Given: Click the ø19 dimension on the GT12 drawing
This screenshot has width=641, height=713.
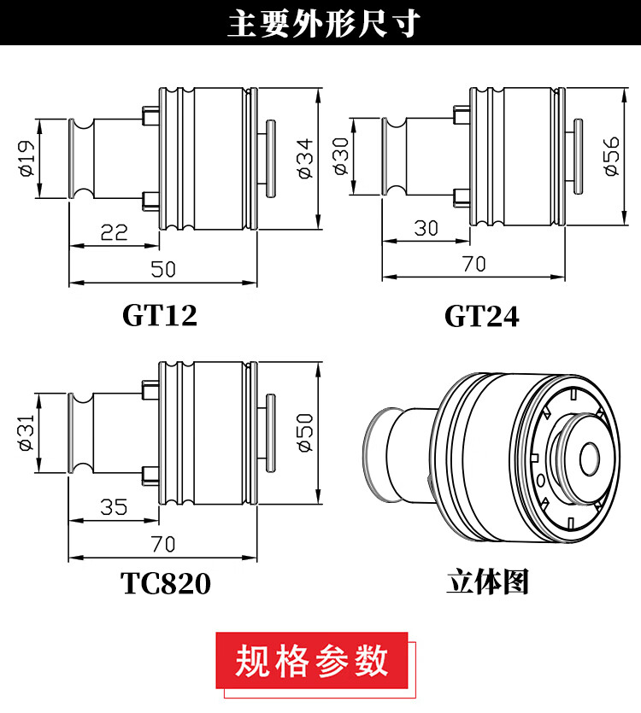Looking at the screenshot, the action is click(27, 158).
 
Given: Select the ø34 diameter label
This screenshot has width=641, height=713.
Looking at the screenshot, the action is click(305, 158).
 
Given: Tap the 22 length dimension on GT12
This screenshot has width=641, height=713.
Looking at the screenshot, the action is click(114, 232).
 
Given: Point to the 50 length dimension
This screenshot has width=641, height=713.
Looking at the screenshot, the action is click(163, 269).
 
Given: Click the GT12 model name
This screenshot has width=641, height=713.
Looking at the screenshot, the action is click(160, 315).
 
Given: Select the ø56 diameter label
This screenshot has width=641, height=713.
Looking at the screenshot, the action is click(611, 156).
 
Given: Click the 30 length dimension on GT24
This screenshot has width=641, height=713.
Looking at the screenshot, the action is click(426, 228).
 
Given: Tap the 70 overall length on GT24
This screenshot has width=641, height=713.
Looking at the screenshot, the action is click(474, 264).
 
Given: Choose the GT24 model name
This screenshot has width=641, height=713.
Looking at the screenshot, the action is click(482, 316).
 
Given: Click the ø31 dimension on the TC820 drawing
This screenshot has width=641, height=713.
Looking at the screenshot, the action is click(26, 432).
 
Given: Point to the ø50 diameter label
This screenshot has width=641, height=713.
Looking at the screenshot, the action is click(305, 432).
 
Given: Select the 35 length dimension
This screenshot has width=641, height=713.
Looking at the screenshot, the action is click(114, 507).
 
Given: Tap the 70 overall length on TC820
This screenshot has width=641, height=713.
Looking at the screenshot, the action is click(163, 544).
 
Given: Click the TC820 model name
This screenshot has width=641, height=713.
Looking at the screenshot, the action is click(166, 583).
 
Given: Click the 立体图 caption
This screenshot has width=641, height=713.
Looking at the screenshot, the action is click(487, 582).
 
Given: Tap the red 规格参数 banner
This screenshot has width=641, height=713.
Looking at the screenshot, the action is click(312, 660).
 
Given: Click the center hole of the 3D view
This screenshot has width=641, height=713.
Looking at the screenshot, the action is click(589, 459).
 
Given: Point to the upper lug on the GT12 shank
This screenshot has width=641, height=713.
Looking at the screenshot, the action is click(150, 115).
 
